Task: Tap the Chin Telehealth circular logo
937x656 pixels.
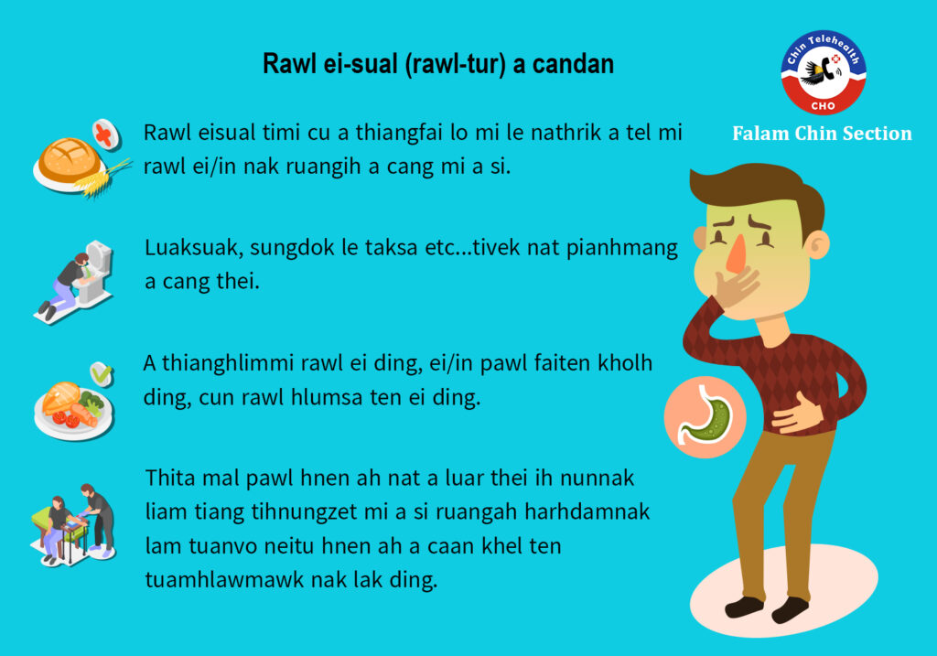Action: [x=824, y=72]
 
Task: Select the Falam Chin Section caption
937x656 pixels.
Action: [x=823, y=134]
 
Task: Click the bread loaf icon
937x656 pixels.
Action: [x=70, y=159]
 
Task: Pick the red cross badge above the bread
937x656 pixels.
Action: [x=106, y=134]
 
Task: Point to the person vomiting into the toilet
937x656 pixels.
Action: [x=66, y=285]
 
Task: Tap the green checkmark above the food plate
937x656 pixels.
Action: [x=102, y=374]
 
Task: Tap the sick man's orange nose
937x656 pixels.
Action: [x=737, y=253]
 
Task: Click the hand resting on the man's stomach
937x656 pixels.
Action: [x=796, y=414]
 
